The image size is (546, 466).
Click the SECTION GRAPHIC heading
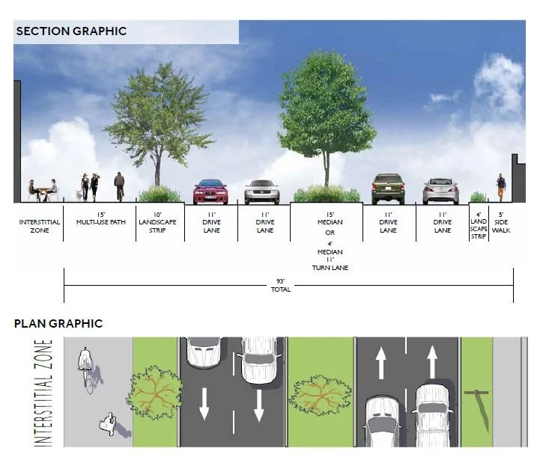click(71, 31)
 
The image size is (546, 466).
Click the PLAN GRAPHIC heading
click(58, 324)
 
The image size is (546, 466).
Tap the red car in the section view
click(210, 192)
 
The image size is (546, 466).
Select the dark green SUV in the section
click(388, 188)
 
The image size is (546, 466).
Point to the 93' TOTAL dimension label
click(280, 285)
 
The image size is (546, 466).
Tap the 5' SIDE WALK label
click(502, 221)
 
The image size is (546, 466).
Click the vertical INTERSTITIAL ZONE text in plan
click(46, 393)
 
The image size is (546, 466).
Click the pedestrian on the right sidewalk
click(501, 188)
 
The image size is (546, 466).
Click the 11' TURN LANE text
click(330, 263)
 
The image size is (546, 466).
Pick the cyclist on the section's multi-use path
click(119, 186)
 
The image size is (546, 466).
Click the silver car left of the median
click(261, 192)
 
